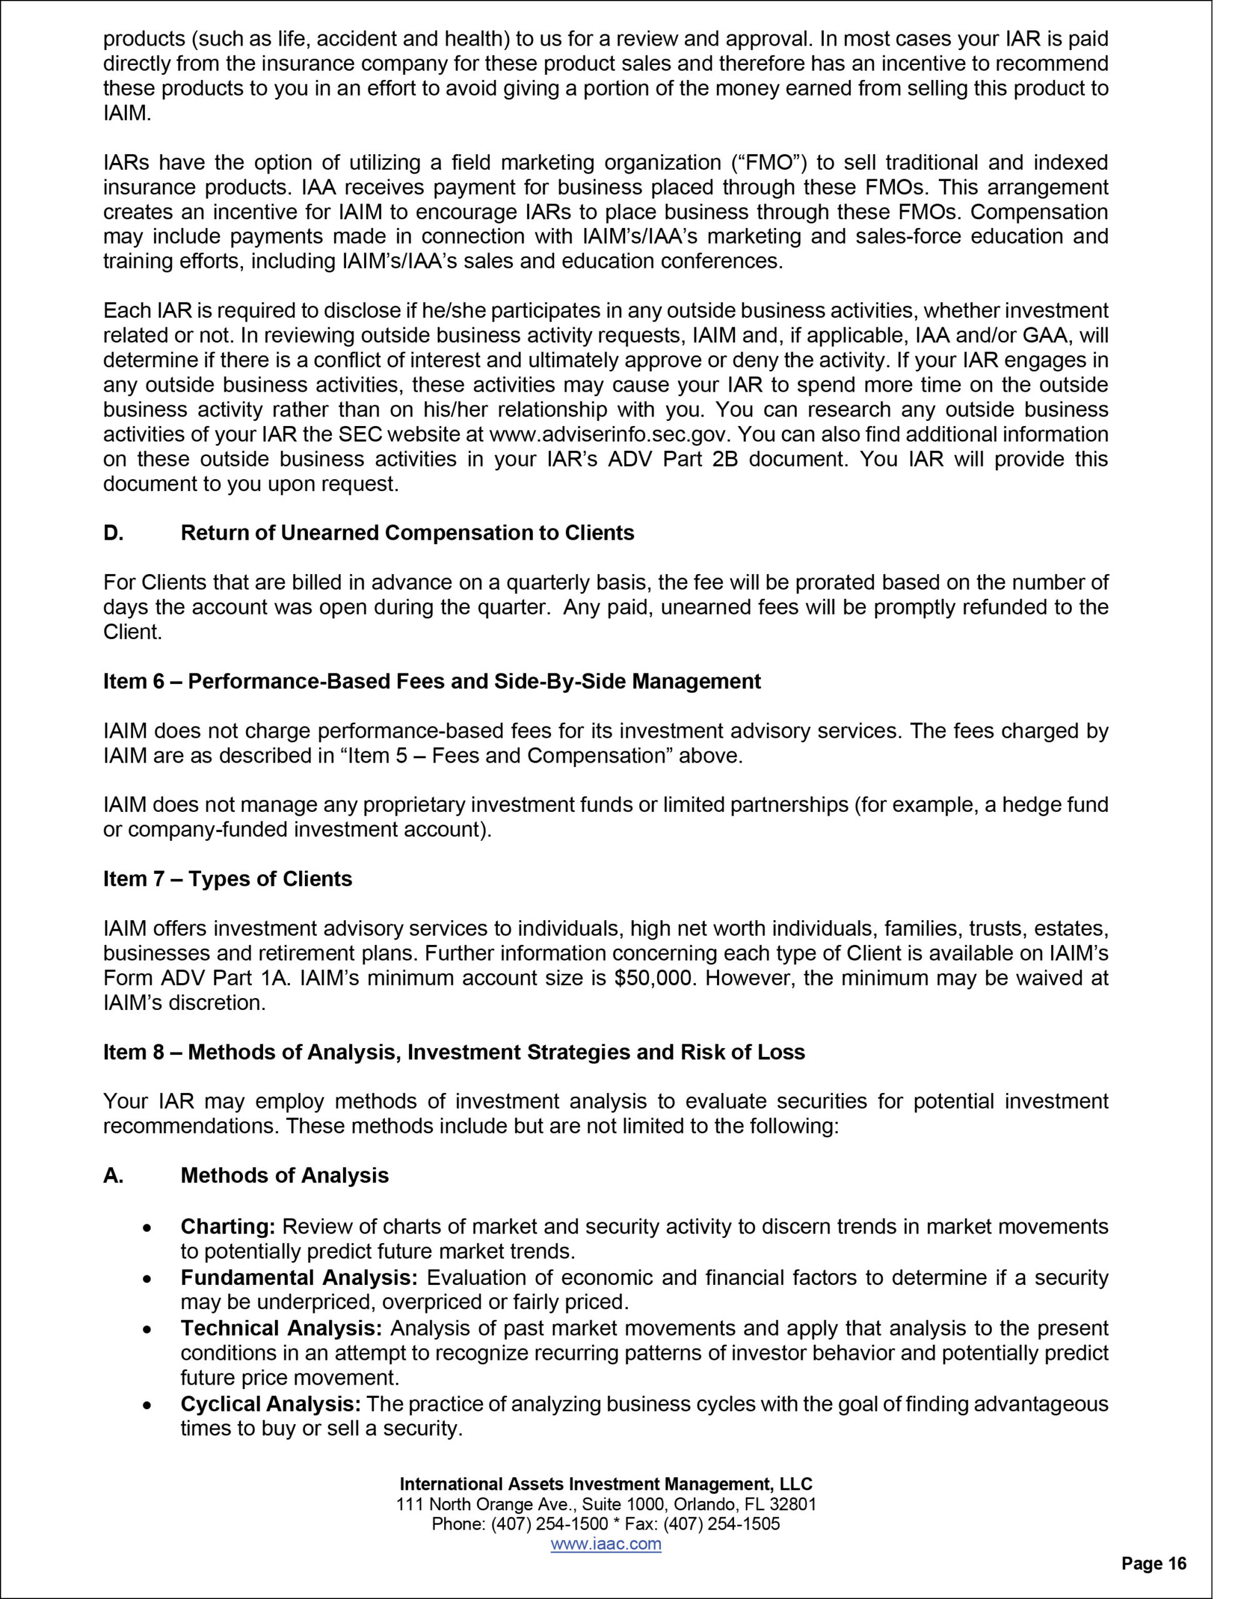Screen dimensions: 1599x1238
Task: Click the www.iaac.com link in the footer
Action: pyautogui.click(x=605, y=1544)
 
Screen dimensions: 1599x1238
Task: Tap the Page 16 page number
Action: pyautogui.click(x=1154, y=1564)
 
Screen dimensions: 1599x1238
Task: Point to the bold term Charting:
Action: pyautogui.click(x=228, y=1225)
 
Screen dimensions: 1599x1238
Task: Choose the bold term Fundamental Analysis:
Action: pyautogui.click(x=299, y=1277)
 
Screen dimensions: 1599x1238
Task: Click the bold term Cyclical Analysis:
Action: pyautogui.click(x=270, y=1403)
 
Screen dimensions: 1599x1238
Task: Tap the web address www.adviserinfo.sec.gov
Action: pyautogui.click(x=609, y=434)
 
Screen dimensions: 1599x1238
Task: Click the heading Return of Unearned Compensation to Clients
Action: pyautogui.click(x=407, y=532)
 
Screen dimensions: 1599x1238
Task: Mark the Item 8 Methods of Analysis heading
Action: pyautogui.click(x=453, y=1052)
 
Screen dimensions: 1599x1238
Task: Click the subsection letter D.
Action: pyautogui.click(x=113, y=532)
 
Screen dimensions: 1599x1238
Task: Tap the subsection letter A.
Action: pyautogui.click(x=113, y=1175)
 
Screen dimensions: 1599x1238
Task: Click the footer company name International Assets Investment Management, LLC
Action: pyautogui.click(x=605, y=1484)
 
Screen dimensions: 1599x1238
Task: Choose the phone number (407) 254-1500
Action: pyautogui.click(x=550, y=1523)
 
